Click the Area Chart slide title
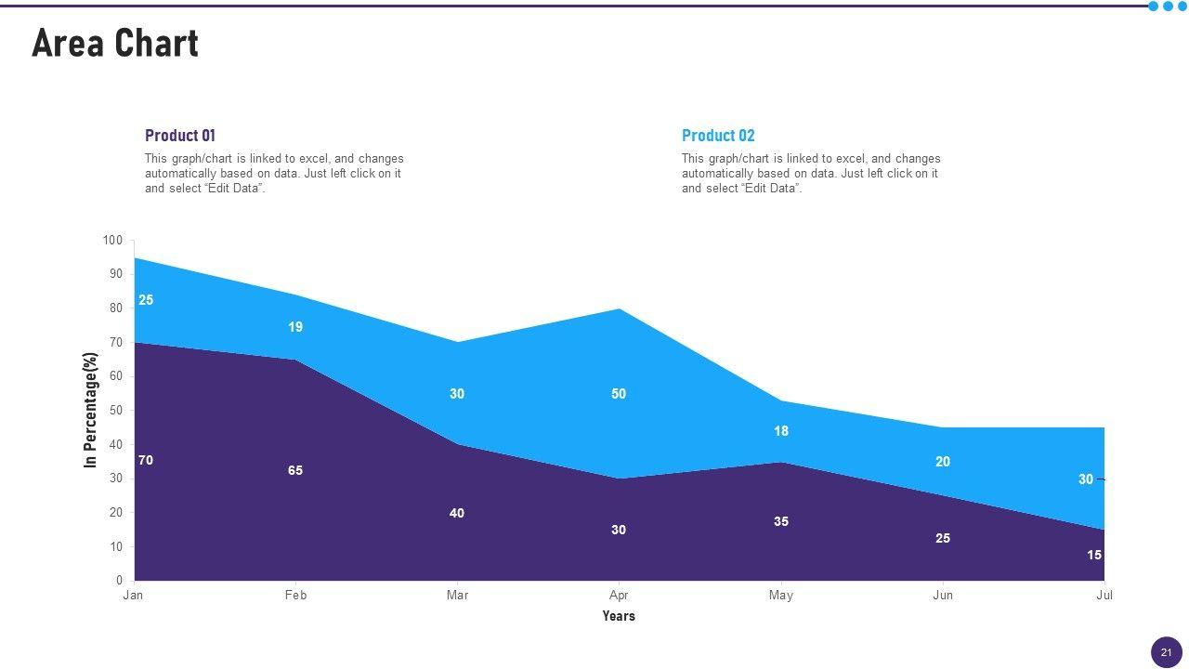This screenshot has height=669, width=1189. (115, 44)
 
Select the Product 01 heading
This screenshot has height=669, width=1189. (180, 136)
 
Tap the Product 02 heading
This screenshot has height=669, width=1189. (718, 136)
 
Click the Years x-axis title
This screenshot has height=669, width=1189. (619, 616)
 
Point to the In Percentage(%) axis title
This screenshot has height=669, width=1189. (90, 410)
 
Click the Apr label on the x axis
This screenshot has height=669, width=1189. (619, 596)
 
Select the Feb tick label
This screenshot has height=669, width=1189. (295, 596)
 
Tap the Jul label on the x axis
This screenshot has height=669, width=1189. (1104, 596)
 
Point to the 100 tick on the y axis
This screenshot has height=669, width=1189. (112, 241)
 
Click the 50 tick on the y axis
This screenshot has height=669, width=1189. (115, 411)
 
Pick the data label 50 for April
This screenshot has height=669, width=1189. (619, 394)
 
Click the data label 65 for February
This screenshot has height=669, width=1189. (295, 471)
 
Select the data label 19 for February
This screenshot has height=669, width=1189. (295, 327)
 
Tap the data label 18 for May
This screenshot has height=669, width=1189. (781, 431)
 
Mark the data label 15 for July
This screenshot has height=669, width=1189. (1094, 556)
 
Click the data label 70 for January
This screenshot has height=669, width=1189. (146, 461)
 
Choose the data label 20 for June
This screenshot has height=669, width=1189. (943, 462)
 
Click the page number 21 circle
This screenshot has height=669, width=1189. (1166, 652)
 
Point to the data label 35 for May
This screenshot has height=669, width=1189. (781, 522)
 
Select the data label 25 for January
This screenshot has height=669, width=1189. (146, 300)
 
